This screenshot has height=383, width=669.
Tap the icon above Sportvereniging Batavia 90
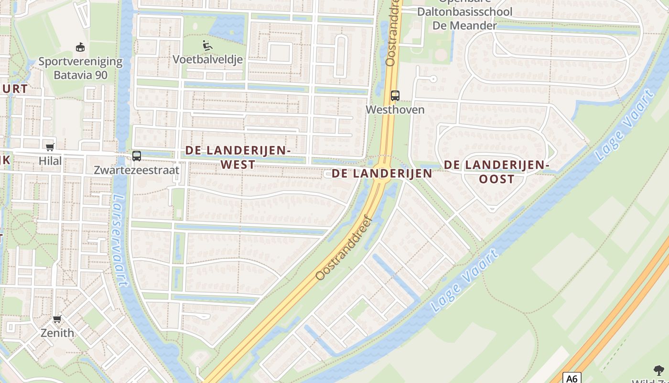pos(80,47)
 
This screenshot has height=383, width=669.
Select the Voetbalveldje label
pos(208,59)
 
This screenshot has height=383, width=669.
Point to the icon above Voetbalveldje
pos(207,46)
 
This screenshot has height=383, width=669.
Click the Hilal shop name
pos(50,161)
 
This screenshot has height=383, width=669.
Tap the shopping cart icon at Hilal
pos(50,147)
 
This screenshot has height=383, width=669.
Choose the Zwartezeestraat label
pos(137,170)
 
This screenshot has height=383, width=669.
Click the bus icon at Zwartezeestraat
pos(137,156)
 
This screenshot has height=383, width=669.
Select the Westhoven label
pos(395,110)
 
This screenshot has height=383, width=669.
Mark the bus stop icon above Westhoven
pos(395,95)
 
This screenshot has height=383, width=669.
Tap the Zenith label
pos(57,333)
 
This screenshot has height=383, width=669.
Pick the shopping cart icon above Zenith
pos(57,319)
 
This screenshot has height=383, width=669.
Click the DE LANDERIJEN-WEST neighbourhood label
pos(238,158)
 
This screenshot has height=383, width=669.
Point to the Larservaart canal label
pos(120,239)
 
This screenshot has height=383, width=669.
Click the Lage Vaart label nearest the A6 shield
pos(464,280)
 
